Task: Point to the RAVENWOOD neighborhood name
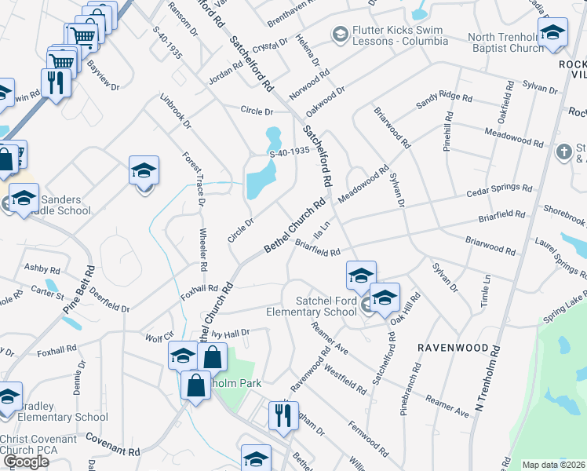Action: pos(458,347)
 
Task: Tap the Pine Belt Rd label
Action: pos(79,290)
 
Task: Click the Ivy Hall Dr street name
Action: pos(230,334)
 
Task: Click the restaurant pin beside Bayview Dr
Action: pos(56,83)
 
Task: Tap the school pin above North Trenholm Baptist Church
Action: pos(552,33)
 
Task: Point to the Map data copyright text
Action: pos(554,465)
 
